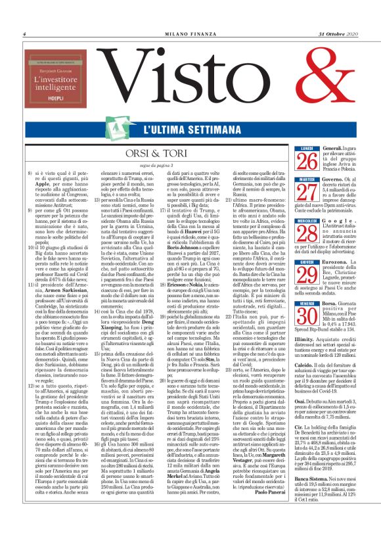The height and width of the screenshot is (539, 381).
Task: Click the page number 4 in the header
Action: tap(24, 34)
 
